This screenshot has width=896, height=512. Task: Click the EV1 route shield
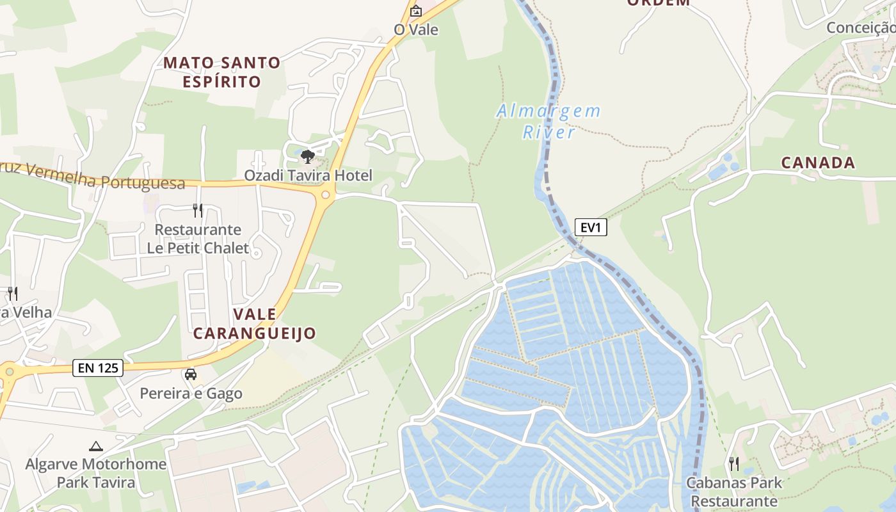pyautogui.click(x=590, y=227)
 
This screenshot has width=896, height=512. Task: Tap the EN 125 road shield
pyautogui.click(x=97, y=368)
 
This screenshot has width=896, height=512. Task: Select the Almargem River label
pyautogui.click(x=548, y=122)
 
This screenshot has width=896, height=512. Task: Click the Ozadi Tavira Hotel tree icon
pyautogui.click(x=307, y=156)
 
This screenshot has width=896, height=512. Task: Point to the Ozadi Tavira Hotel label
pyautogui.click(x=308, y=175)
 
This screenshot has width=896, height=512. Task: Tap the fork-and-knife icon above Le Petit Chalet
pyautogui.click(x=198, y=210)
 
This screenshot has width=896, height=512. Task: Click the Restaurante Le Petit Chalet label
pyautogui.click(x=198, y=239)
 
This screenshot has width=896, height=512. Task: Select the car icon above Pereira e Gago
pyautogui.click(x=191, y=374)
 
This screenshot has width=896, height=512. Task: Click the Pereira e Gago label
pyautogui.click(x=191, y=393)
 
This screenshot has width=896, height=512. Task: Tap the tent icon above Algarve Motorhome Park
pyautogui.click(x=96, y=446)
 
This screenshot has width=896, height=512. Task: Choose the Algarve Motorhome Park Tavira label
pyautogui.click(x=96, y=473)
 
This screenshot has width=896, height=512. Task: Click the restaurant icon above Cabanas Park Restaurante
pyautogui.click(x=734, y=463)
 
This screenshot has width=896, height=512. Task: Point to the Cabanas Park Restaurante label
pyautogui.click(x=734, y=492)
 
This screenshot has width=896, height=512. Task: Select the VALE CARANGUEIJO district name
pyautogui.click(x=255, y=323)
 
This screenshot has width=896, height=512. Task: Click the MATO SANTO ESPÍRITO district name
pyautogui.click(x=221, y=72)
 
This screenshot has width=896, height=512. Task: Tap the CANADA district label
pyautogui.click(x=818, y=163)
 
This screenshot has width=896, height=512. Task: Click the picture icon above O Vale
pyautogui.click(x=416, y=11)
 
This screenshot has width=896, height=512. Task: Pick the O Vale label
pyautogui.click(x=416, y=29)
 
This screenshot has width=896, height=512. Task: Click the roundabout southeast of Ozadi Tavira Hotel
pyautogui.click(x=326, y=195)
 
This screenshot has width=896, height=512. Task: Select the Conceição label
pyautogui.click(x=860, y=28)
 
